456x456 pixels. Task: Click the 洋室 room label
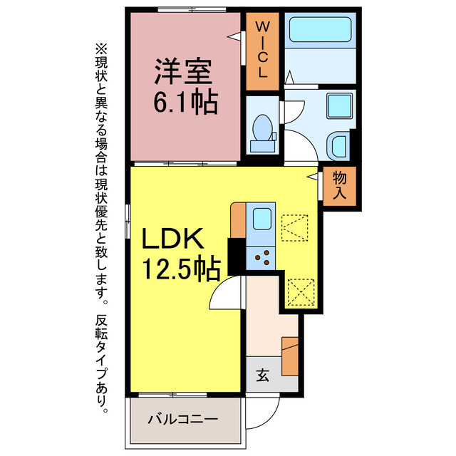click(185, 73)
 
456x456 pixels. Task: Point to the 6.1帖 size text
click(185, 103)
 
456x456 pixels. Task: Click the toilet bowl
click(264, 130)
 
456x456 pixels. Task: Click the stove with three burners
click(261, 258)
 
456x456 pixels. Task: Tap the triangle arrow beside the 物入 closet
click(312, 174)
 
